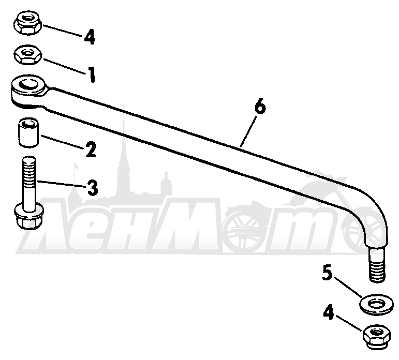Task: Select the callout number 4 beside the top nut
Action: pyautogui.click(x=90, y=37)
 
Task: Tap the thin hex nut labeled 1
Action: pyautogui.click(x=28, y=54)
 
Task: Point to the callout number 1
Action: pyautogui.click(x=91, y=74)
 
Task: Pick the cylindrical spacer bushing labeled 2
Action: pyautogui.click(x=28, y=132)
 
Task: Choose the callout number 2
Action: pyautogui.click(x=91, y=149)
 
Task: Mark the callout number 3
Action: pyautogui.click(x=92, y=188)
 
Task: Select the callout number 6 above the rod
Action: pyautogui.click(x=260, y=107)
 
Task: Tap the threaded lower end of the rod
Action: pyautogui.click(x=377, y=265)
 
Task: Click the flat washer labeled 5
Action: pyautogui.click(x=376, y=304)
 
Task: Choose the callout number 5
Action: pyautogui.click(x=327, y=273)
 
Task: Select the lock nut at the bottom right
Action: pyautogui.click(x=376, y=336)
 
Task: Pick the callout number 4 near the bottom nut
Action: pyautogui.click(x=329, y=312)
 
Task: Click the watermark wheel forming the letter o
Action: pyautogui.click(x=243, y=232)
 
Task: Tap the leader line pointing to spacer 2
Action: pyautogui.click(x=62, y=142)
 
